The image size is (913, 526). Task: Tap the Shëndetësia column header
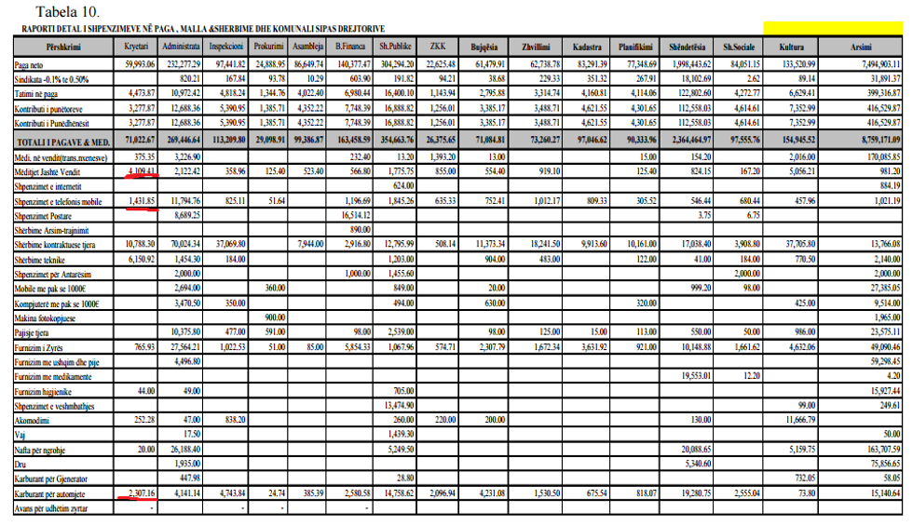(682, 46)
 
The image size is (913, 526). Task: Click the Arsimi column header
(861, 46)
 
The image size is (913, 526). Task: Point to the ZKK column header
(437, 46)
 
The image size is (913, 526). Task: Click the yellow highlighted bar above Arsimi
(833, 28)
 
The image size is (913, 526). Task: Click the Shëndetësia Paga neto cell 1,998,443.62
(685, 64)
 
